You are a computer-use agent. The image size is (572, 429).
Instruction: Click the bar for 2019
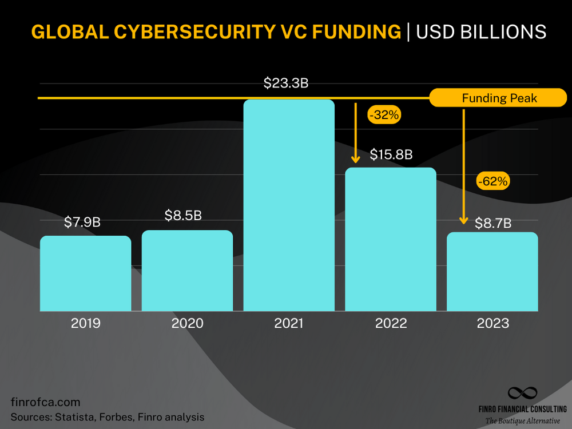pos(85,273)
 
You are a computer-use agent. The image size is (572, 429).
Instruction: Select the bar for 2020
pos(187,271)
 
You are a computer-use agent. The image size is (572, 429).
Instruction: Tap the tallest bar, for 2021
pos(289,205)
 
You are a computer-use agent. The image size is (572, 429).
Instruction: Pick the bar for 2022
pos(391,239)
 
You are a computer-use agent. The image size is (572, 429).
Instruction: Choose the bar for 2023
pos(492,272)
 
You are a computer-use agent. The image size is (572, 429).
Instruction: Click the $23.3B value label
pos(286,83)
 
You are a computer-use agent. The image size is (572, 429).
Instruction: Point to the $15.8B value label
pos(391,154)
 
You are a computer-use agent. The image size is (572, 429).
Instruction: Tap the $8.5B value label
pos(184,216)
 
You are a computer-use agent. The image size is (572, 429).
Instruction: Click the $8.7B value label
pos(493,223)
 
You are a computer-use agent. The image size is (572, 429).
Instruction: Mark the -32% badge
pos(384,114)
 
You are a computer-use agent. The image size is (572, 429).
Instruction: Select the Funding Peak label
pos(499,98)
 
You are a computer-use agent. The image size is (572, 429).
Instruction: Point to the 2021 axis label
pos(289,323)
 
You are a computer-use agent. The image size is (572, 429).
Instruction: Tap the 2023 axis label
pos(492,323)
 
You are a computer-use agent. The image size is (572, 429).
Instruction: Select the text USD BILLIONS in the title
pos(481,32)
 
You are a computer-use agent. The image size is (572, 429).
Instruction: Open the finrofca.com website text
pos(46,402)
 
